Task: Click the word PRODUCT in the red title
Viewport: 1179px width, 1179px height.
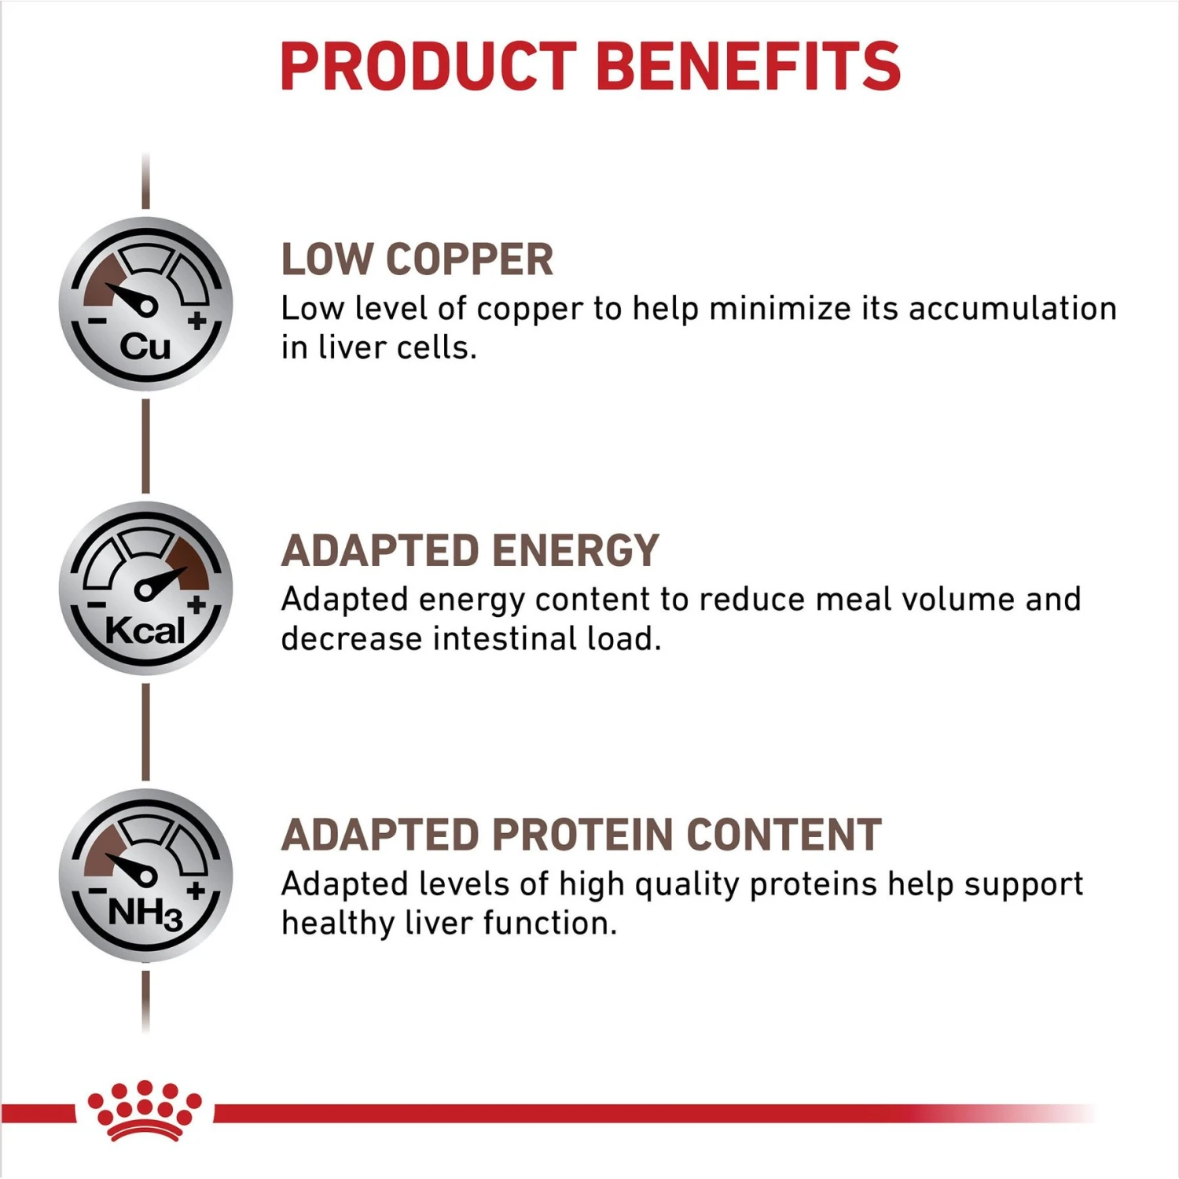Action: (x=428, y=66)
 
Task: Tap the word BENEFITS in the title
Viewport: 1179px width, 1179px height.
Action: (x=748, y=66)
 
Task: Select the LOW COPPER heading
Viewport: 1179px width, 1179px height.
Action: (x=417, y=260)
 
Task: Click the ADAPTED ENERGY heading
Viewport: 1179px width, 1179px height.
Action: (x=470, y=550)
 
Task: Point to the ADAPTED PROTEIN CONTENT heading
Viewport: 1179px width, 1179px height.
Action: (x=582, y=835)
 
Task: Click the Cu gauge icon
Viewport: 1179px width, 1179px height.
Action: (x=146, y=304)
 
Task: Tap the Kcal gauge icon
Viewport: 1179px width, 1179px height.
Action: (x=146, y=588)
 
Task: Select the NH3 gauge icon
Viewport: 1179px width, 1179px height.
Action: (x=146, y=875)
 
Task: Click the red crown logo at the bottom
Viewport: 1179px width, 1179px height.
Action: (x=145, y=1111)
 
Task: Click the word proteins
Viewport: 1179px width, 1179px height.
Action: (x=813, y=885)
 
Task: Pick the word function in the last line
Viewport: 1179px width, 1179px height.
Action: (x=549, y=924)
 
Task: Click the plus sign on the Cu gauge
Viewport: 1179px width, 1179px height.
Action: (x=197, y=321)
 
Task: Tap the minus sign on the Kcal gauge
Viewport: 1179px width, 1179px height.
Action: (x=96, y=605)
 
